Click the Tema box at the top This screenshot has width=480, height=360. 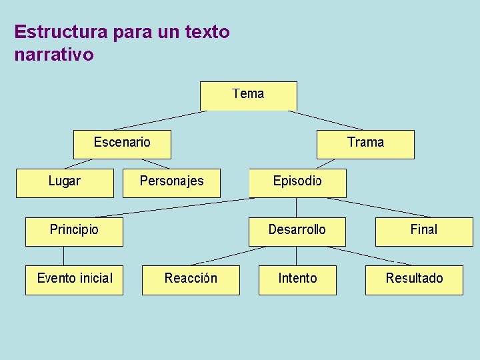click(x=249, y=95)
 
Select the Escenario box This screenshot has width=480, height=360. click(x=122, y=144)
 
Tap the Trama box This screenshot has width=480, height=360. click(x=365, y=144)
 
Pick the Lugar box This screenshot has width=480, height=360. click(x=65, y=183)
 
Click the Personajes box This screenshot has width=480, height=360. click(x=171, y=183)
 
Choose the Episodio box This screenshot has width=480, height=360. click(x=297, y=183)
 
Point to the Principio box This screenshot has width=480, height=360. click(x=74, y=231)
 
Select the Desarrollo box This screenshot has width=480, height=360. click(x=297, y=231)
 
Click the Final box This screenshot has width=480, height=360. click(x=423, y=231)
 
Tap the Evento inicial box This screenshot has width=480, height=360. click(x=74, y=280)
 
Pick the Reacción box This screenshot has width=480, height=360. click(x=191, y=280)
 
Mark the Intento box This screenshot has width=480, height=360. click(x=297, y=280)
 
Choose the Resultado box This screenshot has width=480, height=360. click(x=414, y=280)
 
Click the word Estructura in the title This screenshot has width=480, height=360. click(x=57, y=31)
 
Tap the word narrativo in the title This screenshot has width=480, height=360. click(x=53, y=54)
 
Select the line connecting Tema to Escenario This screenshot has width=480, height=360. click(x=160, y=120)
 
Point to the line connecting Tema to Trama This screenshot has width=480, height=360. click(x=325, y=120)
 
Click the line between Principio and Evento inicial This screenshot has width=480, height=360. click(x=64, y=255)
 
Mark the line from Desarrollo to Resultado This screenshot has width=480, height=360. click(x=360, y=255)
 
